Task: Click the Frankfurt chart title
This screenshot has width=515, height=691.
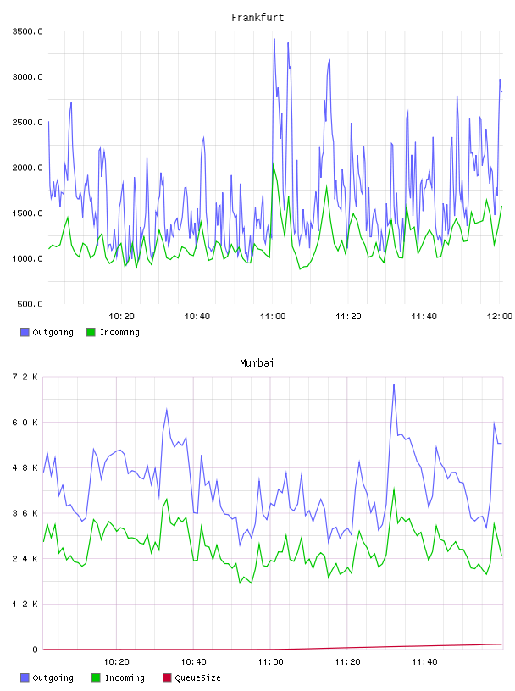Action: pos(257,18)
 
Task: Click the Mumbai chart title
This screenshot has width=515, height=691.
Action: pos(257,363)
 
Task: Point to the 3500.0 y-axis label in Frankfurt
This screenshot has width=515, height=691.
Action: pos(27,31)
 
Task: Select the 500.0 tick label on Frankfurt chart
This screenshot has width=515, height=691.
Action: pos(30,304)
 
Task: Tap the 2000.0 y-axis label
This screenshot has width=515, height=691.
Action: pos(27,168)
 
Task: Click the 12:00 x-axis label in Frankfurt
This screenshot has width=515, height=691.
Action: pos(499,317)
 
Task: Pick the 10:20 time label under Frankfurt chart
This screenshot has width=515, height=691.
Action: pos(121,317)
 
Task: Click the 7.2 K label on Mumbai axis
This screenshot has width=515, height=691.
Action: pos(25,377)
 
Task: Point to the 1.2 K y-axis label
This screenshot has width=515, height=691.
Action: pos(25,604)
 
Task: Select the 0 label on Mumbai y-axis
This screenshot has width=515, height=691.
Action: pos(35,650)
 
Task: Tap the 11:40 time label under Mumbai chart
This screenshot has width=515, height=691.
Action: pos(424,662)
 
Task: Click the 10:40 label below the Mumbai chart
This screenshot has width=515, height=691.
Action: pos(193,662)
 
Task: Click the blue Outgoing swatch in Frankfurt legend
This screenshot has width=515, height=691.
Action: pos(25,332)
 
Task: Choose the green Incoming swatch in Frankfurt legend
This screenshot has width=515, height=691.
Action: pos(91,332)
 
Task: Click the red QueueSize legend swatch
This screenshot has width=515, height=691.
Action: pos(167,677)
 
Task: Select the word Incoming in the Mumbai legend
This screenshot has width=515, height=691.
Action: pos(125,677)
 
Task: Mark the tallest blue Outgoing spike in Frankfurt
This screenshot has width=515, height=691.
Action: pos(274,39)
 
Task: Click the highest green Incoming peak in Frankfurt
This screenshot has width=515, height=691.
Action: pos(273,164)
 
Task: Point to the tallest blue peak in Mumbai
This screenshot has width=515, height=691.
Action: pos(394,385)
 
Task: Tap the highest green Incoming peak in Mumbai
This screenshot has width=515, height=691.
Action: pos(394,489)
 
